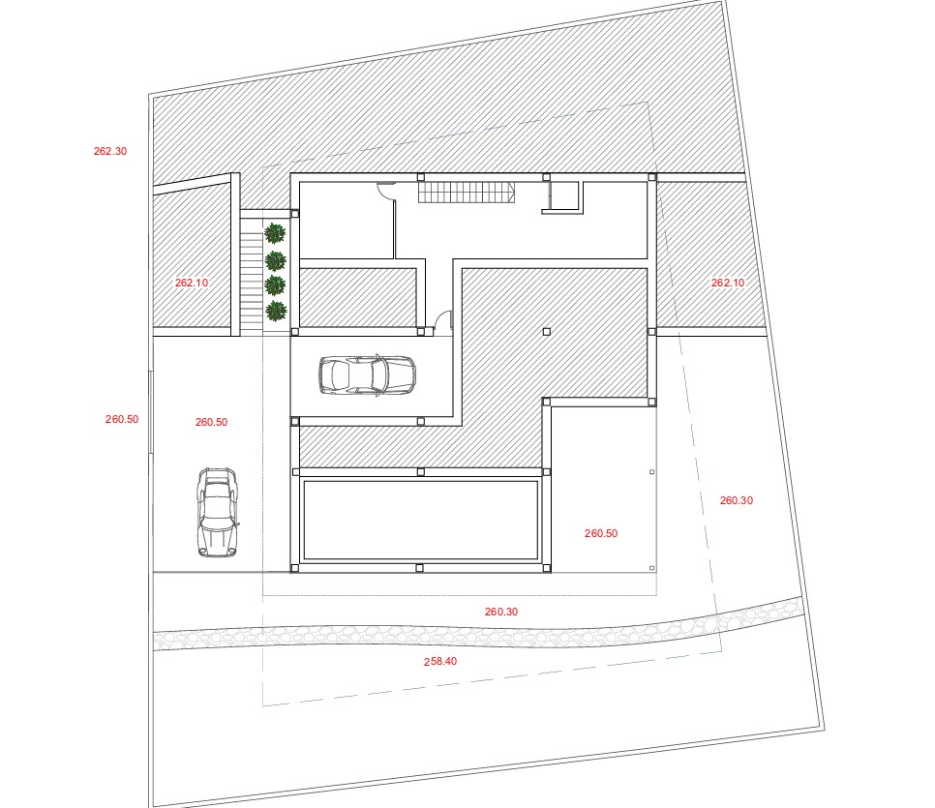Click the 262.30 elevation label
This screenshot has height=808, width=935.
click(x=110, y=152)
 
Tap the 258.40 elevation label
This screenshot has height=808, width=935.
click(x=440, y=661)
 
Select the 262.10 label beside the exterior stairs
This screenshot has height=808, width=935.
click(x=192, y=283)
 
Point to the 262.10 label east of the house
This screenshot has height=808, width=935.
click(x=728, y=283)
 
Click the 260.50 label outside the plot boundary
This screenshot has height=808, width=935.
click(x=122, y=419)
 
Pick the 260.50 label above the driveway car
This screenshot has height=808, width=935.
click(x=212, y=422)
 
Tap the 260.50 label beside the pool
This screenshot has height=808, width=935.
click(x=601, y=534)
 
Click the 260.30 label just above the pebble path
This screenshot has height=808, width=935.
click(x=501, y=612)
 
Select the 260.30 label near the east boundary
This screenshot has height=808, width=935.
click(x=737, y=501)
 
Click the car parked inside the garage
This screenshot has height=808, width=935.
click(x=368, y=375)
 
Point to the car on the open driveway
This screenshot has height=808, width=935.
click(x=218, y=512)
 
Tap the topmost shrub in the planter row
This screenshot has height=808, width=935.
click(x=275, y=233)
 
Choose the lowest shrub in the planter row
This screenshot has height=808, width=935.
click(x=276, y=311)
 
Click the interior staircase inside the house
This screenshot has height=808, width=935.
click(x=466, y=193)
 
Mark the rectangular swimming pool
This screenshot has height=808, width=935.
click(x=420, y=520)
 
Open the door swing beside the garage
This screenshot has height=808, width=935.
click(x=443, y=319)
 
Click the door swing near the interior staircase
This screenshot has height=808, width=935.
click(x=386, y=191)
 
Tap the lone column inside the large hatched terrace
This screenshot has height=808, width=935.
click(x=546, y=332)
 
